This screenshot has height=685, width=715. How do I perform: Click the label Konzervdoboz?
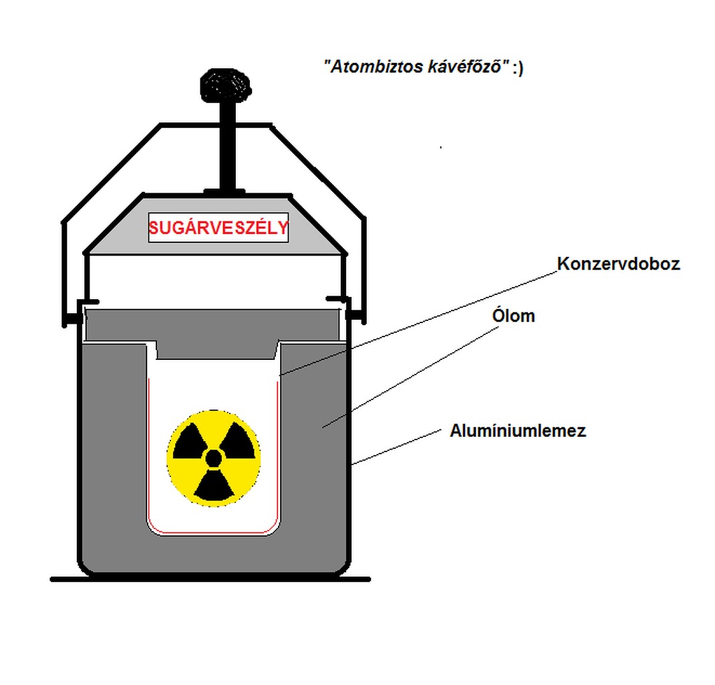click(618, 264)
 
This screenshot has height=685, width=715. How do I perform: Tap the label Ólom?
click(513, 316)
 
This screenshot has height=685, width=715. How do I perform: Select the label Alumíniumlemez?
click(518, 430)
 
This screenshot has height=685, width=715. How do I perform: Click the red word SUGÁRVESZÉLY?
click(219, 228)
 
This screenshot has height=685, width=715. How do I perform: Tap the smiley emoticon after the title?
click(518, 68)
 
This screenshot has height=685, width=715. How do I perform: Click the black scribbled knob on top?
click(225, 86)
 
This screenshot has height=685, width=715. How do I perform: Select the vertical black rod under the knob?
click(225, 147)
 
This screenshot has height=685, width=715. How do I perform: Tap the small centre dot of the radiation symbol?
click(213, 458)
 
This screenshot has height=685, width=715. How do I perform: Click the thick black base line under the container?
click(210, 579)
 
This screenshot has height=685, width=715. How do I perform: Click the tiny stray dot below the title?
click(440, 146)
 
